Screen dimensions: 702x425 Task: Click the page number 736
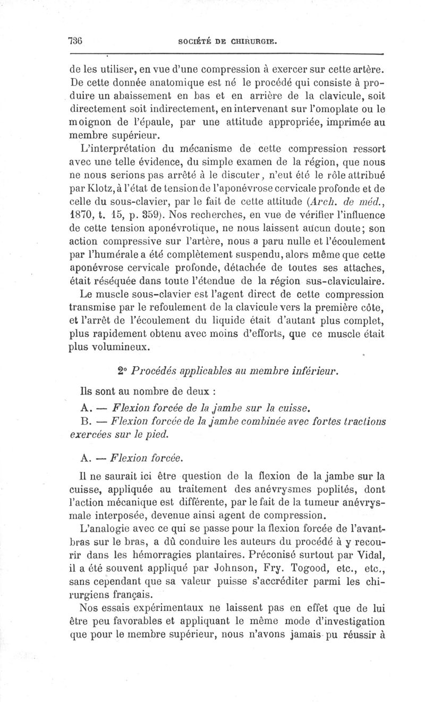(x=78, y=40)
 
